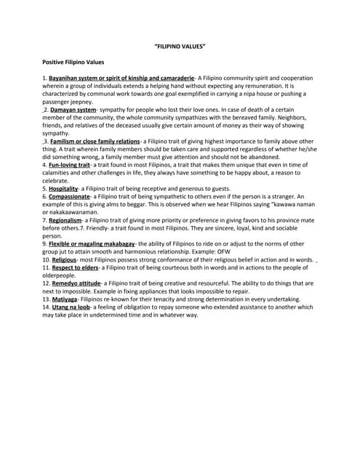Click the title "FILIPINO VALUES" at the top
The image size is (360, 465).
click(180, 47)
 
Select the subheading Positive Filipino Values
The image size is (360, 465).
click(73, 62)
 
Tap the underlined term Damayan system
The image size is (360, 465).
click(73, 110)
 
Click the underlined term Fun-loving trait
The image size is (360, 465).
click(70, 165)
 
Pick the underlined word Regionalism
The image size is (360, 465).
click(68, 220)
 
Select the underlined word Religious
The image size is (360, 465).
click(64, 259)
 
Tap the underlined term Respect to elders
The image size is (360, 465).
click(75, 267)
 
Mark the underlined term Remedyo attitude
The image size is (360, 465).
click(76, 283)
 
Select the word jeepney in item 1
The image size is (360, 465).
click(80, 102)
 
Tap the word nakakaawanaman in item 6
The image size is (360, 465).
click(75, 212)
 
